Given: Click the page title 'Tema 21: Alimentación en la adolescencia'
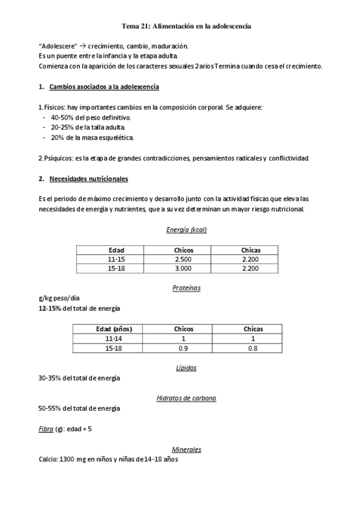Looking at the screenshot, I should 186,26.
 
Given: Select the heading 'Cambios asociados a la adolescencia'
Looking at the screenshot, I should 104,87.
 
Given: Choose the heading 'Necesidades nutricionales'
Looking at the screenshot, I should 88,179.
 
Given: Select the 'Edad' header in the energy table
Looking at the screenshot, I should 116,250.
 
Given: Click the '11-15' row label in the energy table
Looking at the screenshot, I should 116,259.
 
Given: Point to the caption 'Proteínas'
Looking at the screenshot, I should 186,288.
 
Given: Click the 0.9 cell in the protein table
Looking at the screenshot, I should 183,348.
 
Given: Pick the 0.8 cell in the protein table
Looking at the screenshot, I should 252,348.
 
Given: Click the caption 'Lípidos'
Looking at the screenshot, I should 186,367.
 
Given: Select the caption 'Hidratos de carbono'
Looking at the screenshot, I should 186,398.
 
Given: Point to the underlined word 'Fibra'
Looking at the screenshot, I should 45,429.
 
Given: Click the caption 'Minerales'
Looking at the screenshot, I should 186,449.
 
